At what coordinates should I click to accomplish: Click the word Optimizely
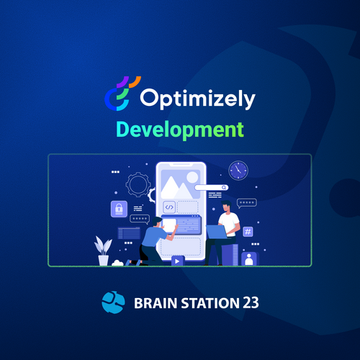197,99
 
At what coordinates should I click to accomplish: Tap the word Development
180,130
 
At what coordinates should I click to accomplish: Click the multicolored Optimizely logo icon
122,94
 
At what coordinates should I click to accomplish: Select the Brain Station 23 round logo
113,302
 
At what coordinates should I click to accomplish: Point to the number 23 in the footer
251,303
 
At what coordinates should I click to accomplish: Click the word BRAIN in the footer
156,303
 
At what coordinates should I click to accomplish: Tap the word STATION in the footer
210,303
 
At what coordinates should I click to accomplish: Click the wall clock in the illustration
238,170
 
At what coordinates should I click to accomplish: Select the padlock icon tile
119,209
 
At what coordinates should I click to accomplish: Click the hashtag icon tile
248,232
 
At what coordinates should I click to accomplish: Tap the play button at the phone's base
178,261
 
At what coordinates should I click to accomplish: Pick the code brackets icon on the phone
169,207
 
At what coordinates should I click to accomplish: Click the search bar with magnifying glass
212,187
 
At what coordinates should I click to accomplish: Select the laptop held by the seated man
217,232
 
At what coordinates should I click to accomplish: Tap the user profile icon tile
249,258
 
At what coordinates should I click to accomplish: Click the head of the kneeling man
157,221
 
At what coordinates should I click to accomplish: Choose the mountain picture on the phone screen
181,184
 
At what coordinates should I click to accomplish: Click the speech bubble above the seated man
247,203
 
